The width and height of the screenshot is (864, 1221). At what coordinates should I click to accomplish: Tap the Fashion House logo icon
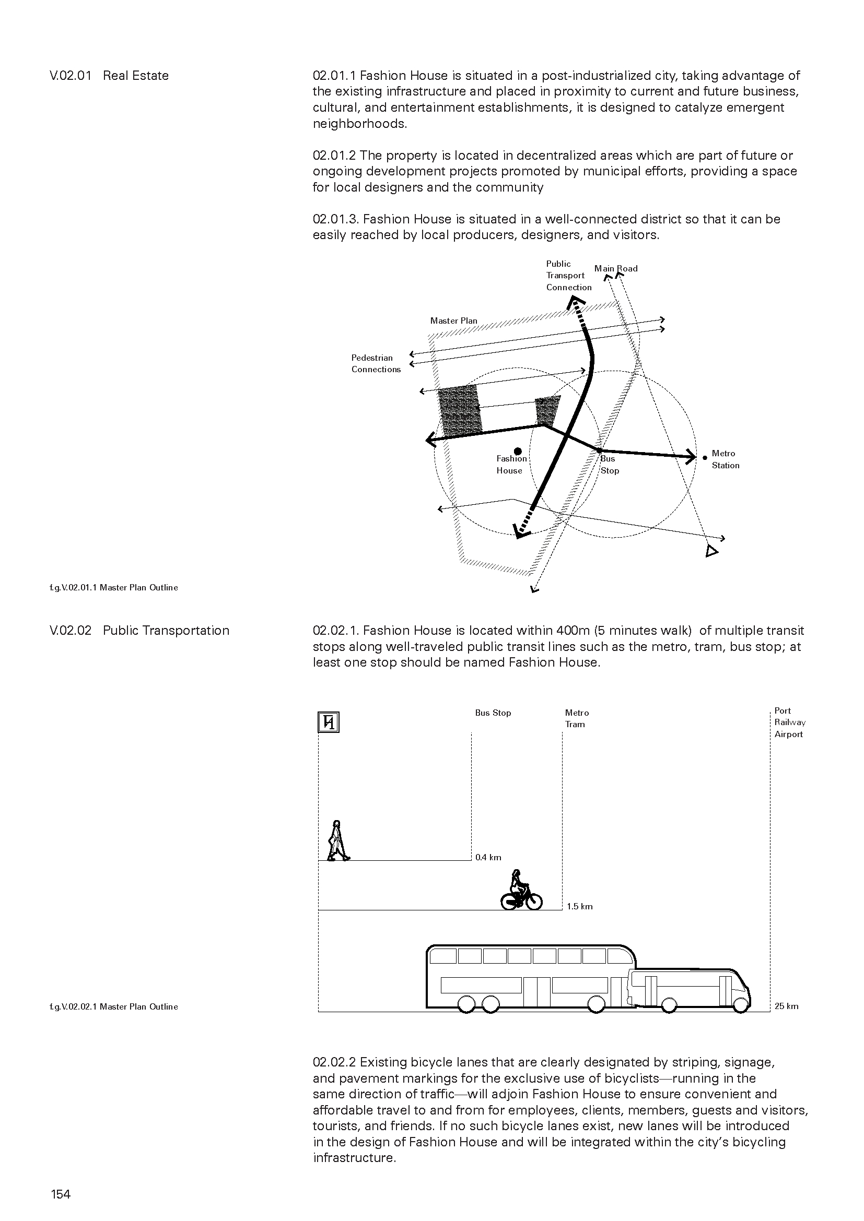[328, 722]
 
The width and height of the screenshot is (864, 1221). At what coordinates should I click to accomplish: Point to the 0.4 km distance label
[488, 857]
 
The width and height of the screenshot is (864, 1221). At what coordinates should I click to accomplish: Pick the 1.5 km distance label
[579, 906]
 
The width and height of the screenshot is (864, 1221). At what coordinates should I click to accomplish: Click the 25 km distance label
[786, 1006]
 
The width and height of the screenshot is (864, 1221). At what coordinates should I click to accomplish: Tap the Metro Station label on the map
[725, 459]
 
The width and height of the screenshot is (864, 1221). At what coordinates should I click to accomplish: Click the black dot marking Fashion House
[518, 452]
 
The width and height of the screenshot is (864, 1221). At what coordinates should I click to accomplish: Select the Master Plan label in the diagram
[453, 321]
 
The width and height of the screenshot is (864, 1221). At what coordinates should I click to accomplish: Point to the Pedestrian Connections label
[376, 364]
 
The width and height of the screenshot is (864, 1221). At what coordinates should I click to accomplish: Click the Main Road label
[615, 268]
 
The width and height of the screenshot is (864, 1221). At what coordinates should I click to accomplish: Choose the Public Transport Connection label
[568, 276]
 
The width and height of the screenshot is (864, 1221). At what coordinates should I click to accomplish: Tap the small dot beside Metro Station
[705, 457]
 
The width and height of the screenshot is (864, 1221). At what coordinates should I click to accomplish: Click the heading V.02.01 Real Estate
[109, 76]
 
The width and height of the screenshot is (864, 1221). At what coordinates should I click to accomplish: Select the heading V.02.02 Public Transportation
[139, 631]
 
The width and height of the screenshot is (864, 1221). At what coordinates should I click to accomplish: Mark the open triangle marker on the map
[711, 551]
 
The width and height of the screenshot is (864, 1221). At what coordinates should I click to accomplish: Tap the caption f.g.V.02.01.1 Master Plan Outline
[114, 588]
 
